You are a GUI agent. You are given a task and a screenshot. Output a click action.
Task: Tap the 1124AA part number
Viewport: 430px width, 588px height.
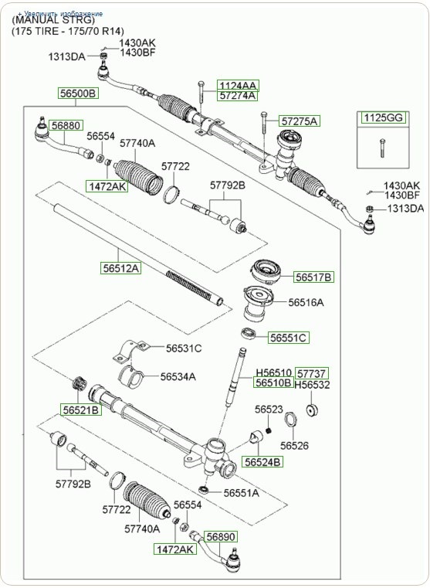(x=237, y=85)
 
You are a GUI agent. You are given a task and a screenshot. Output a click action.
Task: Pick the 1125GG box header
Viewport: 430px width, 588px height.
(x=382, y=117)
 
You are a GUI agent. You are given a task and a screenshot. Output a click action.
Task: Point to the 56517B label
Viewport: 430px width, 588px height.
(x=313, y=276)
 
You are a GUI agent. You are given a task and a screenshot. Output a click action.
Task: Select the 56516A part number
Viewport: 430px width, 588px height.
(x=306, y=302)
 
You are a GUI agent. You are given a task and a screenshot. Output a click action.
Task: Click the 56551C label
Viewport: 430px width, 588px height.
(x=289, y=337)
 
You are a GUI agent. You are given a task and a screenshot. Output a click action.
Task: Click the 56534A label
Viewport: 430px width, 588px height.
(x=178, y=376)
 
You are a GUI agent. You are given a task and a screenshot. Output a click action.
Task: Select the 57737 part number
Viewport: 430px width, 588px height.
(x=313, y=372)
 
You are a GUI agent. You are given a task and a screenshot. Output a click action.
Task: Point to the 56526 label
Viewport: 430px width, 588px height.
(x=294, y=445)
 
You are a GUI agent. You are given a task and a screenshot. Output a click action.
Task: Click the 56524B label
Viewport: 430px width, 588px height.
(x=263, y=461)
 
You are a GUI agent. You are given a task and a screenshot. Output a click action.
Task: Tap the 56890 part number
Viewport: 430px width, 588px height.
(x=219, y=535)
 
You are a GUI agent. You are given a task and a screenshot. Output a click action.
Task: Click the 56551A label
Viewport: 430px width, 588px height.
(x=242, y=492)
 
